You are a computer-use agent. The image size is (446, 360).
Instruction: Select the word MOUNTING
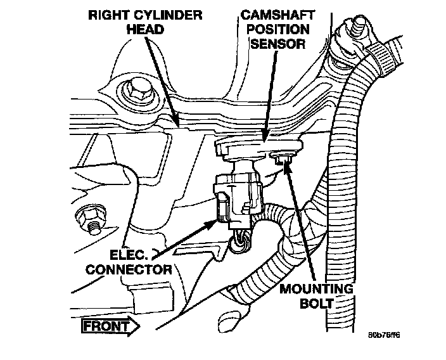315,290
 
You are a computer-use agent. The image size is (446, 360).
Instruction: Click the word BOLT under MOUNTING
315,304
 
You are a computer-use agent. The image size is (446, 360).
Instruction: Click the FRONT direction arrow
110,326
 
